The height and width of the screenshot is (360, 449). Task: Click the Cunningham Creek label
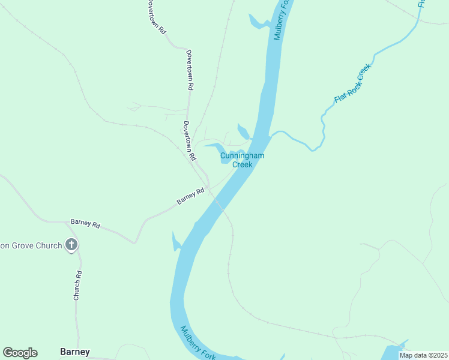click(242, 160)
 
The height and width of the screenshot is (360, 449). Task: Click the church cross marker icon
click(71, 244)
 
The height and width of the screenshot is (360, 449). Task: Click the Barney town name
click(75, 352)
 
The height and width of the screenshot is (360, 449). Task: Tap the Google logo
click(20, 353)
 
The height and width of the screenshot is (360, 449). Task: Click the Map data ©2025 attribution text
click(423, 355)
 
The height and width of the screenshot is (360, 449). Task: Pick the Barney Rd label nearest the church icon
click(85, 223)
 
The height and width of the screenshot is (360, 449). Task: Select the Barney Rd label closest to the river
click(191, 196)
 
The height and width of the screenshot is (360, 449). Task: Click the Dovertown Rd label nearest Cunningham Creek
click(190, 141)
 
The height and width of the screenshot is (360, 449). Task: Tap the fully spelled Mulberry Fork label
click(197, 343)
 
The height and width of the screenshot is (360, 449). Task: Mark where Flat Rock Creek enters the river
click(271, 135)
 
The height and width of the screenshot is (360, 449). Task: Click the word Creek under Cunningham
click(242, 164)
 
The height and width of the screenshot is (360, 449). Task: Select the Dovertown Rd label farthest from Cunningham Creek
click(155, 16)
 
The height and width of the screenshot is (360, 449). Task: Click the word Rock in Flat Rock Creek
click(352, 83)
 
